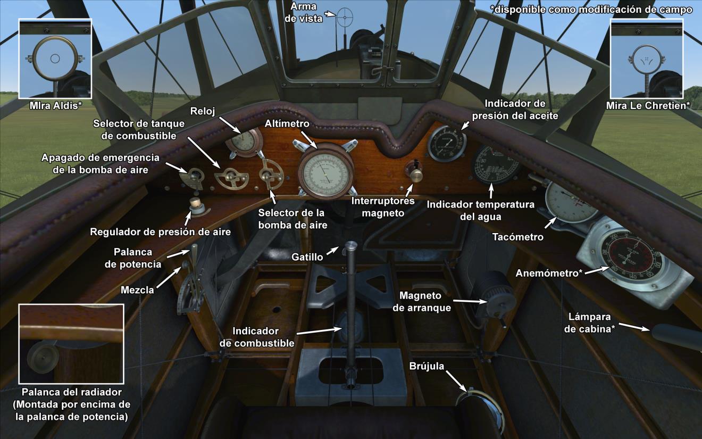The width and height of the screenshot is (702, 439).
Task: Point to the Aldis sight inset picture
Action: coord(55,59)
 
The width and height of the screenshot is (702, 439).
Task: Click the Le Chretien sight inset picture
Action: coord(647,59)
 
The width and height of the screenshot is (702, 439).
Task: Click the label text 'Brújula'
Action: coord(427,366)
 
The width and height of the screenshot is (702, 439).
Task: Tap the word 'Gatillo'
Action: coord(307,257)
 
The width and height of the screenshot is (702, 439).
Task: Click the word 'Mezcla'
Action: coord(137,290)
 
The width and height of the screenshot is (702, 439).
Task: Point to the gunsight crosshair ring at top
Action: coord(345,18)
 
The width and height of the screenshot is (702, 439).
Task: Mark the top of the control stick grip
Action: coord(351,246)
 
